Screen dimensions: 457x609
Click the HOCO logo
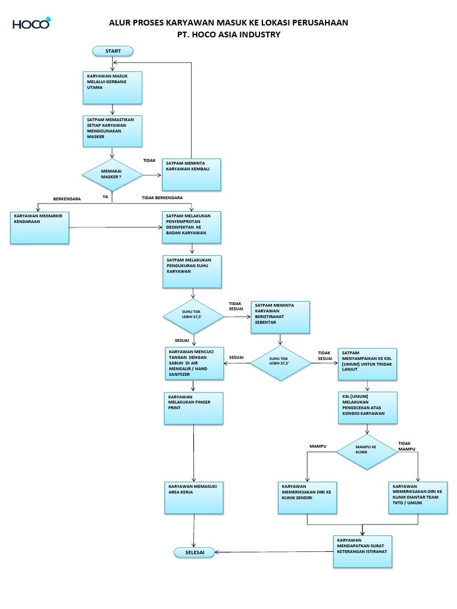click(x=32, y=23)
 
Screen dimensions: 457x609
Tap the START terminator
click(x=112, y=51)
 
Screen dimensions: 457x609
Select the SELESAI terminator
click(x=195, y=553)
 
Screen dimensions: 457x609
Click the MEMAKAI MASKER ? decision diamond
click(x=112, y=174)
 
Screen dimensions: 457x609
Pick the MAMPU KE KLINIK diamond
click(x=367, y=452)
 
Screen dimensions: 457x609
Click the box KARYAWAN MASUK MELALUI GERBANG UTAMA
click(x=112, y=87)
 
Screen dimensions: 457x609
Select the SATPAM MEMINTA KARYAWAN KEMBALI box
click(x=192, y=174)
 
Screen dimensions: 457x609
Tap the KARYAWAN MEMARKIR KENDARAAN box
click(x=40, y=228)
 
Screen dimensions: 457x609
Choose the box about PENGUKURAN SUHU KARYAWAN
click(x=192, y=271)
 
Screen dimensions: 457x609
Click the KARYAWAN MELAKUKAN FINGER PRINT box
click(x=193, y=408)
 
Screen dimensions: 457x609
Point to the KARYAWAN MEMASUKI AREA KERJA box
click(x=194, y=498)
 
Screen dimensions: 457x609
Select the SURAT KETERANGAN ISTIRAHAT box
click(x=362, y=551)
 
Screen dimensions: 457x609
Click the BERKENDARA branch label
click(x=67, y=199)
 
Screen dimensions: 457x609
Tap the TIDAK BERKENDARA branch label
click(x=162, y=197)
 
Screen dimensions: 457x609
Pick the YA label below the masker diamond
click(x=105, y=196)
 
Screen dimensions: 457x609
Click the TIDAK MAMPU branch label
click(x=406, y=446)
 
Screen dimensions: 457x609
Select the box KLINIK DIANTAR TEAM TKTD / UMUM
click(x=418, y=498)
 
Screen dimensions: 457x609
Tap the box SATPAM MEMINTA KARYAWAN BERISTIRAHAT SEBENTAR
click(x=280, y=318)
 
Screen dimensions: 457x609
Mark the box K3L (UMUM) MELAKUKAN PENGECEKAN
click(x=368, y=408)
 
